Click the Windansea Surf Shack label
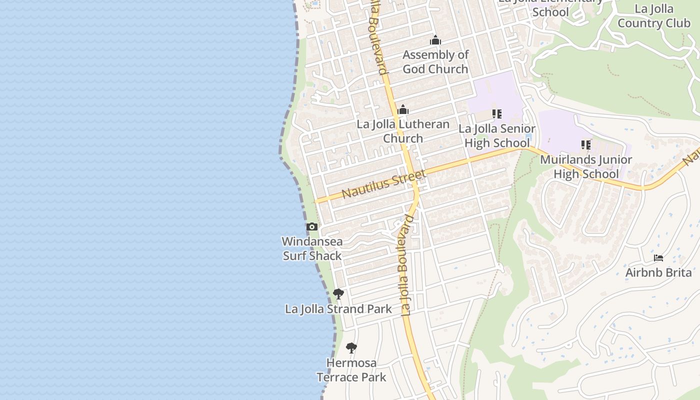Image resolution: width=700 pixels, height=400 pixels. pos(312,248)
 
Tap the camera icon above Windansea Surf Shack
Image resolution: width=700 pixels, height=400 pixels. pos(312,227)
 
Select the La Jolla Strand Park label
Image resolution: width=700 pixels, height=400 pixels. pos(338,309)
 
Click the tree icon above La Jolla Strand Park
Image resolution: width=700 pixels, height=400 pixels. pos(338,293)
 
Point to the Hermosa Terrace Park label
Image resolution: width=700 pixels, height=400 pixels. pos(351,369)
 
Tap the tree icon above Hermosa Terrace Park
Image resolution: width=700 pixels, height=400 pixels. pos(351,347)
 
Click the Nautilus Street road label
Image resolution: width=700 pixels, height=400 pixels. pos(383,183)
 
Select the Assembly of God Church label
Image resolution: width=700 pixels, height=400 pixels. pos(435,61)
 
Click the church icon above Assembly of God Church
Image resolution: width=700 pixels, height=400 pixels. pos(435,40)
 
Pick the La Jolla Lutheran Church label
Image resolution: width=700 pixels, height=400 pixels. pos(403,131)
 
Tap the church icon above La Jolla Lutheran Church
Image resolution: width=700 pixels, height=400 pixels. pos(403,110)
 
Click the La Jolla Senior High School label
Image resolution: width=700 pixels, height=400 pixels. pos(497,135)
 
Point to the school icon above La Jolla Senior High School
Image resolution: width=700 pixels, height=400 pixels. pos(497,114)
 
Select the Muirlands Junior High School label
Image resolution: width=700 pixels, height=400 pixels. pos(586,166)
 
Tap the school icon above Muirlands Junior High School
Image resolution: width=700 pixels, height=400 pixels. pos(586,145)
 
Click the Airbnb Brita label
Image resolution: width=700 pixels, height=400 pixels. pos(658,272)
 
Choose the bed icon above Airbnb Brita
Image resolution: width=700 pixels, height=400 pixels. pos(658,258)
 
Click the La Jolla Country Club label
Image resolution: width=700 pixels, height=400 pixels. pos(654,16)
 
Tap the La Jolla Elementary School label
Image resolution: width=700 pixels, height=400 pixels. pos(550,7)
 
